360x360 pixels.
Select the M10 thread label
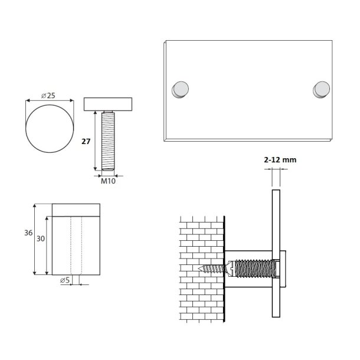[x=107, y=181]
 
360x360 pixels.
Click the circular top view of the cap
[x=51, y=129]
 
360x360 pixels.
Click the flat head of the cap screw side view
[x=107, y=104]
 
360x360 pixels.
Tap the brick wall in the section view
[x=201, y=269]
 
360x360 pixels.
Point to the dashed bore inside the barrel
[x=75, y=245]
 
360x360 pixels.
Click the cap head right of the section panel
[x=284, y=269]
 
